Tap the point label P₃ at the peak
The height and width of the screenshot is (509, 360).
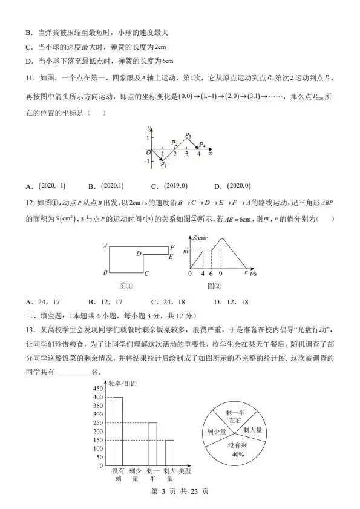(188, 135)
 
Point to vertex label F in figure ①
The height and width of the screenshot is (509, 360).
(172, 247)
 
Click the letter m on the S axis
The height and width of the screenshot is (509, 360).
(186, 251)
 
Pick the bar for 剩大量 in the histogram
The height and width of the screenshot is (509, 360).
(169, 453)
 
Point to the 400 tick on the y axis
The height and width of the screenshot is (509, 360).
(97, 397)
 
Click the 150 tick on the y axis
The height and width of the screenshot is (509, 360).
(97, 440)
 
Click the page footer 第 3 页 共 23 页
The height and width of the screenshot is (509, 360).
(180, 491)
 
